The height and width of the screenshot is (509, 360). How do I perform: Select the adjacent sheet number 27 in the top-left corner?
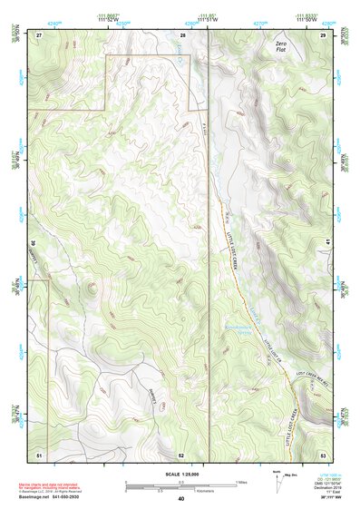39,34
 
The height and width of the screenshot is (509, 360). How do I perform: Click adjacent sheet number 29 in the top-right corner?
323,34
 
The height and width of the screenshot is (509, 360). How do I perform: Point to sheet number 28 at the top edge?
182,34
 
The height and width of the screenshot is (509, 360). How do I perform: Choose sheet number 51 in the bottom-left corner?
39,454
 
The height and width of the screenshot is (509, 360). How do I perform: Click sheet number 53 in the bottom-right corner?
323,454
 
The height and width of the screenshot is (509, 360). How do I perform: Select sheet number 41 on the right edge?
326,243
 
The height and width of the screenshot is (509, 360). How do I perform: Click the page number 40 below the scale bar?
181,498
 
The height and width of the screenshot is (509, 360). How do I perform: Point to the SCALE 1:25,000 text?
180,473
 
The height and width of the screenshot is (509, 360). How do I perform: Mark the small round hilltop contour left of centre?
91,289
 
